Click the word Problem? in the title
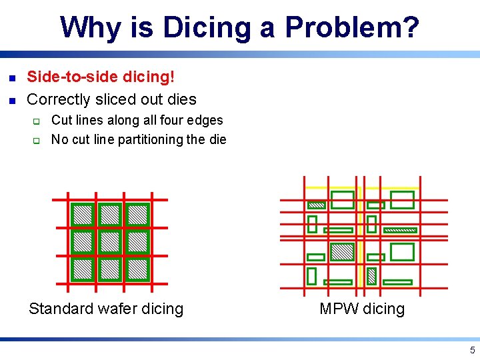[x=352, y=27]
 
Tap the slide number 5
[x=472, y=351]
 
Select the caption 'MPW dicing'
[x=362, y=309]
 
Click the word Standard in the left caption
[x=61, y=309]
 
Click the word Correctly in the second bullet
[x=58, y=99]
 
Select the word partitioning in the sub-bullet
[x=151, y=139]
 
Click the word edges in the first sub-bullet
[x=207, y=121]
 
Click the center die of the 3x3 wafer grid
[x=110, y=241]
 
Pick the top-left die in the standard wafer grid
[x=83, y=214]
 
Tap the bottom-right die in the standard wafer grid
[x=137, y=269]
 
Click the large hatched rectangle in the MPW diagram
[x=343, y=251]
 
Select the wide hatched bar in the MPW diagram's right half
[x=400, y=230]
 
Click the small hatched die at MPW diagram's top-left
[x=317, y=205]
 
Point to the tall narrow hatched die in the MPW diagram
[x=372, y=275]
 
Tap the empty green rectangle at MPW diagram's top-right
[x=402, y=200]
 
